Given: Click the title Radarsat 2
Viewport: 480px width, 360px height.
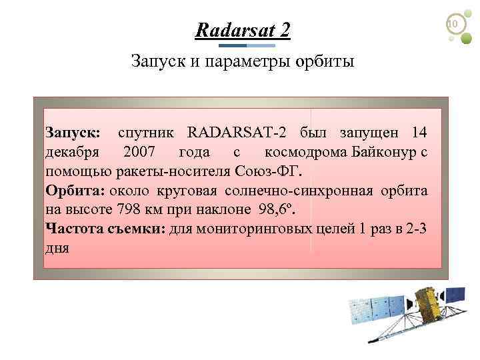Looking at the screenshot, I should pos(243,30).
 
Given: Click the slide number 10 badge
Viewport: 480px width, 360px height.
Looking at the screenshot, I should pos(453,25).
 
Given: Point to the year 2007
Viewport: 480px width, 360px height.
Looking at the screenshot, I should pos(138,152).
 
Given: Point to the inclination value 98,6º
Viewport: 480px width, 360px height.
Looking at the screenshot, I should pos(275,209).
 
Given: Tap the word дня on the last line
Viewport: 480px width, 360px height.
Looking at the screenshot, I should pos(57,247).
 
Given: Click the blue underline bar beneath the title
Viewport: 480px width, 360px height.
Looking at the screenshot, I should pos(247,45).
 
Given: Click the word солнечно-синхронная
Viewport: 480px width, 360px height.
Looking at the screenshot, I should pos(306,190).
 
